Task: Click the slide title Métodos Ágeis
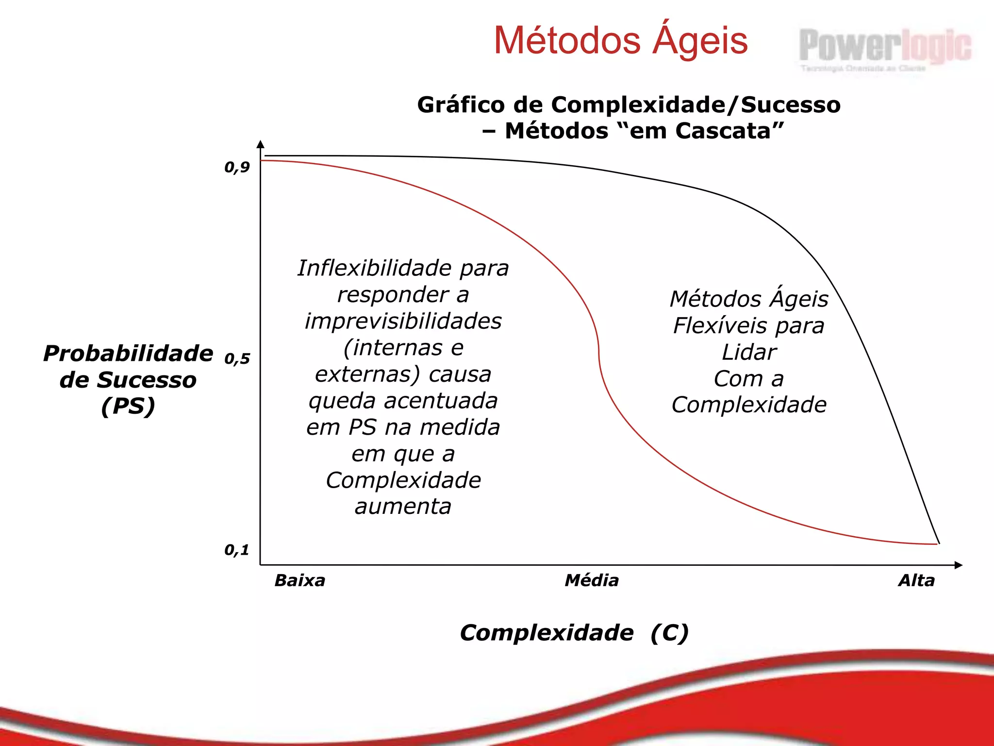(620, 41)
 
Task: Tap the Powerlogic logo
(884, 48)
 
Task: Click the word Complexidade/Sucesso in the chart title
(695, 105)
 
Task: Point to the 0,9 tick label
(237, 168)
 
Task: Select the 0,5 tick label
(237, 359)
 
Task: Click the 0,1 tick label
(237, 550)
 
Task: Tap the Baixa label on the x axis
(299, 580)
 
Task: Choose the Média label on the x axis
(592, 580)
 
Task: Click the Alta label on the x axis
(916, 580)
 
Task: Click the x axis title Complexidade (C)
(574, 633)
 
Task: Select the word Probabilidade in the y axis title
(128, 354)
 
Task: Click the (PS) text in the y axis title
(128, 406)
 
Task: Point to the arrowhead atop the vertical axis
(261, 144)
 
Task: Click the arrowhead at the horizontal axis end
(958, 565)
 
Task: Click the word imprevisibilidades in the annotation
(403, 322)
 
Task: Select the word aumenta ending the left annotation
(403, 507)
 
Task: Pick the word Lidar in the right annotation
(749, 353)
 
